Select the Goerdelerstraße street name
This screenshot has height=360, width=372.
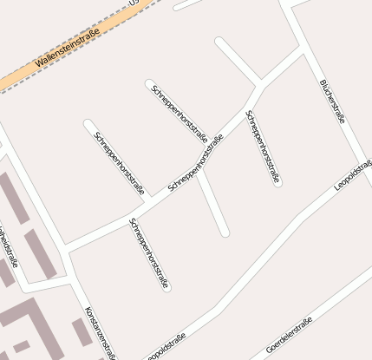click(290, 335)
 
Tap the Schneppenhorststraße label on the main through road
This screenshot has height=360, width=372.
click(195, 161)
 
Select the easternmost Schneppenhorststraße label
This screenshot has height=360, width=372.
click(263, 147)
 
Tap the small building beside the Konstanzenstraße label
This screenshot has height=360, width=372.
click(80, 331)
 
